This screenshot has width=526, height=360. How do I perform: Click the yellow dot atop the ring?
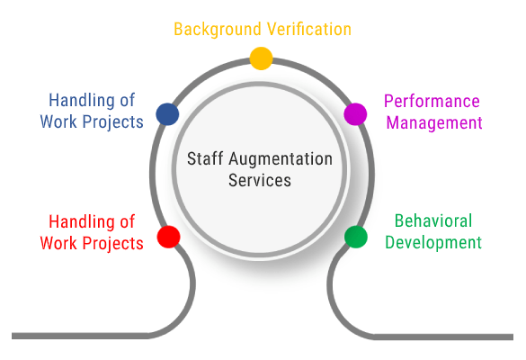pos(261,58)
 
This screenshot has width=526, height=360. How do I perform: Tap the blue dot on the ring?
pos(167,114)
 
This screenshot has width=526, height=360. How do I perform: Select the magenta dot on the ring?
pos(355,114)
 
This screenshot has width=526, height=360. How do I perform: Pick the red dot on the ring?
pos(168,237)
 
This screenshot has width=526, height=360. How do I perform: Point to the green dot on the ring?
pos(355,237)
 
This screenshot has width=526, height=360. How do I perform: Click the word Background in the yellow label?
pos(218,30)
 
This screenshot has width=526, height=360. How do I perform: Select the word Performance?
pos(432,101)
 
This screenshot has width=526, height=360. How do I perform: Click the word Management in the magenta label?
pos(434,123)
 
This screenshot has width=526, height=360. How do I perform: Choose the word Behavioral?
pos(433,221)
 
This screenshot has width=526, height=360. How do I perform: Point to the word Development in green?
pos(433,242)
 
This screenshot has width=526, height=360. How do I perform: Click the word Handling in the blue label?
pos(81,101)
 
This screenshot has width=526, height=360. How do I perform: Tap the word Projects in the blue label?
pos(112,121)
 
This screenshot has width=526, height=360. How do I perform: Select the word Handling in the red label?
pos(81,222)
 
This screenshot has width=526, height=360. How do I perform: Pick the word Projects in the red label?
pos(112,244)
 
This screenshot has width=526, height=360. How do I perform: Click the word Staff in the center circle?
pos(205,158)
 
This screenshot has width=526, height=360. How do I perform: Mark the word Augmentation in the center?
pos(281,159)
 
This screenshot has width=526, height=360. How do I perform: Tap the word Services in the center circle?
pos(260,180)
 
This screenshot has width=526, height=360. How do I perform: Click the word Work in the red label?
pos(58,243)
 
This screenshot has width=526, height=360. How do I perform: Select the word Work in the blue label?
pos(58,121)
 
